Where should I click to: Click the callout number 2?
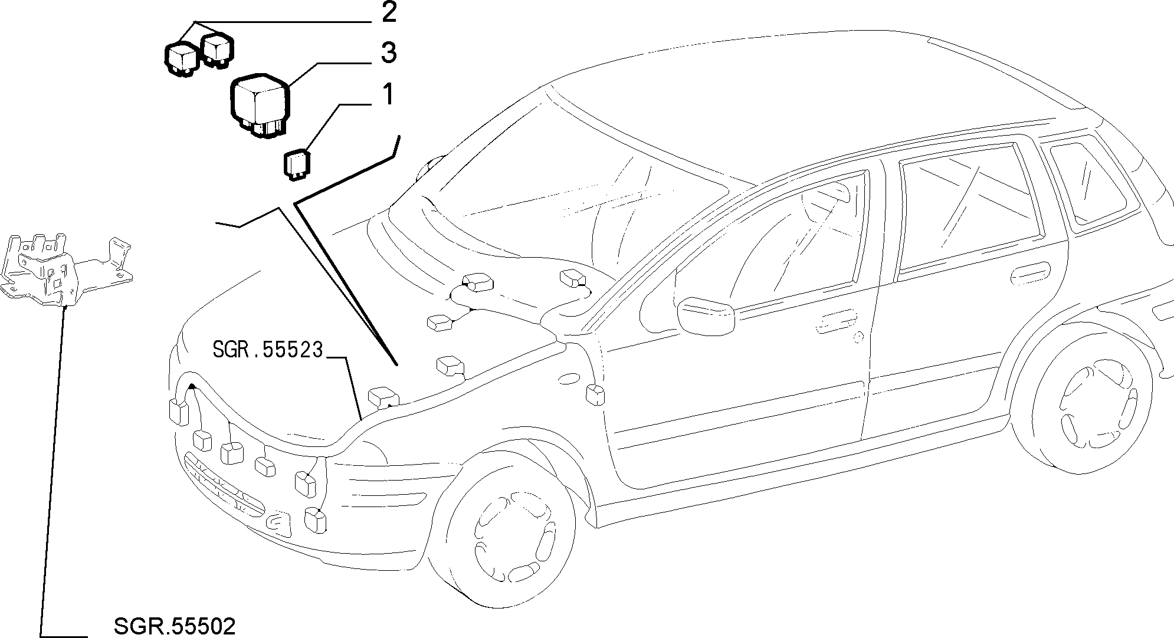[389, 13]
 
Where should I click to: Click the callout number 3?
[388, 52]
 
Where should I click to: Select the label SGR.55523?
[268, 350]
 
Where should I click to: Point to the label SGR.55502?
[174, 626]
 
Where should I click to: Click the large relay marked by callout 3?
[260, 105]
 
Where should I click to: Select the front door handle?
[837, 320]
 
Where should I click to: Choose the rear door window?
[968, 209]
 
